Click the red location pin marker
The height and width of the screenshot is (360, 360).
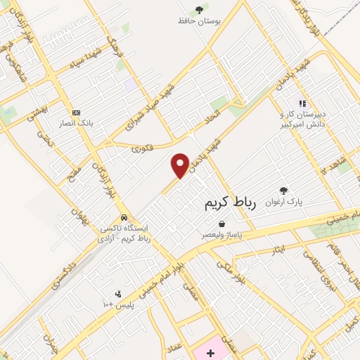(181, 165)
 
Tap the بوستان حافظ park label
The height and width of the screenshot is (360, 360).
(200, 21)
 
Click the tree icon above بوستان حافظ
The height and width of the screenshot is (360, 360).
(200, 10)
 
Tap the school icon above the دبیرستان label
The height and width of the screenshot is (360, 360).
(302, 103)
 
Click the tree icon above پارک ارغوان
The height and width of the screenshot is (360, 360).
(283, 191)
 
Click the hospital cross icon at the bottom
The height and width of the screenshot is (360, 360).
(210, 352)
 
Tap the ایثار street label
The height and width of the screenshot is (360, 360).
(276, 250)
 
